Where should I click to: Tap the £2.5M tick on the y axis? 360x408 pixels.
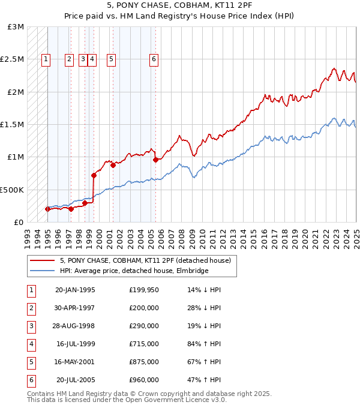(12, 59)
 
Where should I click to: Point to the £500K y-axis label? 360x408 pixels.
(12, 190)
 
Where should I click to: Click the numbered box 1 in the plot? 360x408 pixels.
(46, 59)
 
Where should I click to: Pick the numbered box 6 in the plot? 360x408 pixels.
(154, 59)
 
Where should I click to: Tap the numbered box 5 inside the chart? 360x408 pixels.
(112, 59)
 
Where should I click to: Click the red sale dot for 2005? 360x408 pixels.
(155, 160)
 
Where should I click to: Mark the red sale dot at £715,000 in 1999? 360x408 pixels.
(94, 175)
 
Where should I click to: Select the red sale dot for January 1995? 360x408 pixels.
(47, 209)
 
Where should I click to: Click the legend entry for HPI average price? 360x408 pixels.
(133, 271)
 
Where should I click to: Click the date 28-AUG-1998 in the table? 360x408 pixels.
(75, 326)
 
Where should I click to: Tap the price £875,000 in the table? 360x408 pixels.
(144, 362)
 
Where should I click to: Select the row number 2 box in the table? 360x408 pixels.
(31, 308)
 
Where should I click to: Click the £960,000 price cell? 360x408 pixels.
(144, 380)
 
